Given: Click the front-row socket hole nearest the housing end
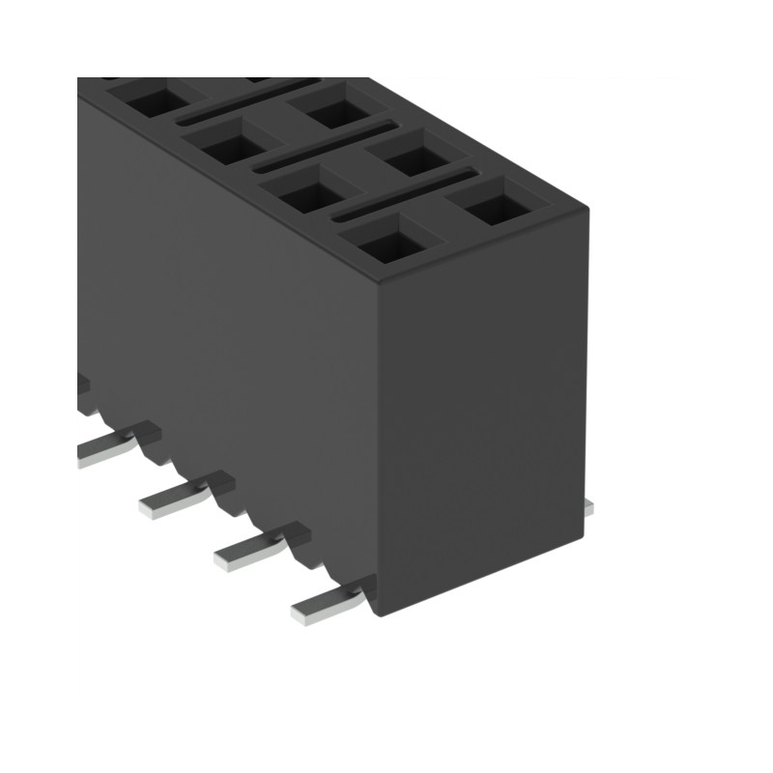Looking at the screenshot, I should coord(392,239).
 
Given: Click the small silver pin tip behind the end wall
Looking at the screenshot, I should coord(588,507).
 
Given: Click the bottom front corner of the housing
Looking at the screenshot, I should coord(384,618).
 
